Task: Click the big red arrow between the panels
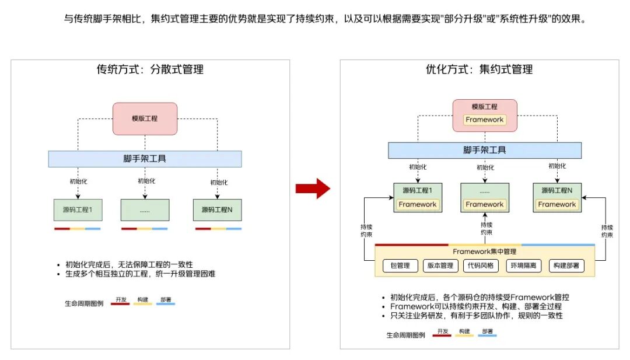click(x=313, y=188)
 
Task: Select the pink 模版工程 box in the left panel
click(x=145, y=118)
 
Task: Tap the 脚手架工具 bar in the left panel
click(x=145, y=159)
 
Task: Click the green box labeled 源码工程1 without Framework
click(x=78, y=209)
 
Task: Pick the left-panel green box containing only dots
click(x=145, y=209)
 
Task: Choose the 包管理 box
click(x=400, y=265)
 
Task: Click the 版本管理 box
click(x=440, y=265)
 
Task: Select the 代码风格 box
click(x=481, y=265)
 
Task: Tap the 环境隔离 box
click(x=523, y=265)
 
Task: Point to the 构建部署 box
click(x=566, y=265)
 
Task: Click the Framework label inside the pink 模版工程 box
click(x=485, y=120)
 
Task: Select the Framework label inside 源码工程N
click(x=557, y=205)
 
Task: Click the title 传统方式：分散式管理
click(x=150, y=69)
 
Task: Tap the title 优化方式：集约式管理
click(x=480, y=69)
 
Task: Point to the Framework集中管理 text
click(x=485, y=251)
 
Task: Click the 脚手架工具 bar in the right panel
click(x=485, y=151)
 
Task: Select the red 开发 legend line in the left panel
click(x=120, y=304)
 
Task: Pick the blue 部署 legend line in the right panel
click(x=487, y=335)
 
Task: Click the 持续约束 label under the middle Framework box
click(x=487, y=229)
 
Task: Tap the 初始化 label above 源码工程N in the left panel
click(x=219, y=183)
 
